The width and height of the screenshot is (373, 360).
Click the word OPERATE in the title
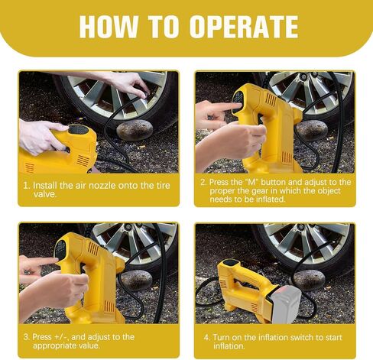pyautogui.click(x=244, y=27)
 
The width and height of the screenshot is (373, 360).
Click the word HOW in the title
pyautogui.click(x=109, y=27)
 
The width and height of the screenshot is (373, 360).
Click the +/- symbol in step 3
pyautogui.click(x=61, y=337)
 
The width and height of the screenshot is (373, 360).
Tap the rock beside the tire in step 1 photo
pyautogui.click(x=135, y=130)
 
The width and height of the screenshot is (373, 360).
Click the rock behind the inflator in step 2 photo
pyautogui.click(x=311, y=130)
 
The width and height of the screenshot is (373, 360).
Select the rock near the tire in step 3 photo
pyautogui.click(x=136, y=281)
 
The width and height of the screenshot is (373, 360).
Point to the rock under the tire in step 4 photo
pyautogui.click(x=309, y=280)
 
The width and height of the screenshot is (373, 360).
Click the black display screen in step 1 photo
pyautogui.click(x=79, y=130)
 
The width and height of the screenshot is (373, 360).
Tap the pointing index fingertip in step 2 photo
pyautogui.click(x=238, y=105)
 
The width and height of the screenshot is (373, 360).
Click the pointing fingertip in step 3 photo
pyautogui.click(x=55, y=260)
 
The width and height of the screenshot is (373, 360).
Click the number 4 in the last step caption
pyautogui.click(x=206, y=337)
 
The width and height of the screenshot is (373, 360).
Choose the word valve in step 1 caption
pyautogui.click(x=45, y=194)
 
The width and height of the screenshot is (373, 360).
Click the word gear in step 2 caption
pyautogui.click(x=260, y=191)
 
